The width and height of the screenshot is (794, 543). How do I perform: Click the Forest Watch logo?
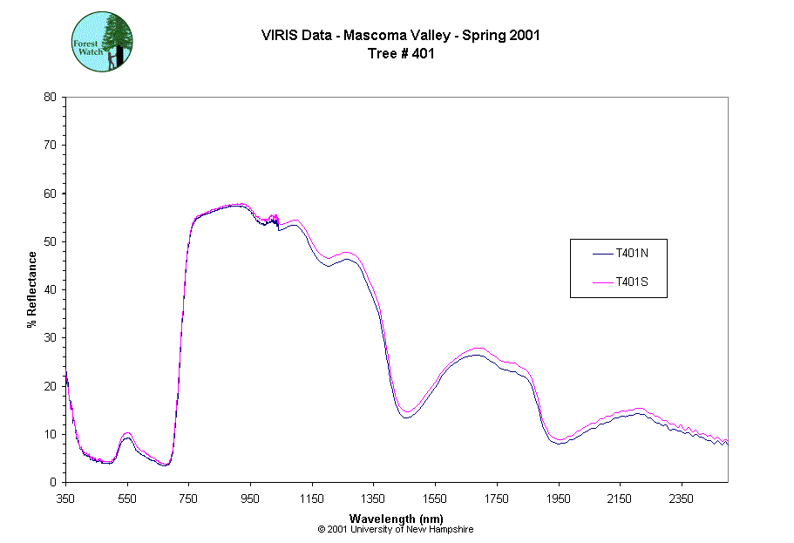102,42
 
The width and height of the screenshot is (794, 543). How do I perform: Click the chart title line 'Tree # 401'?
401,53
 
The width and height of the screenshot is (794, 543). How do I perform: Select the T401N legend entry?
618,254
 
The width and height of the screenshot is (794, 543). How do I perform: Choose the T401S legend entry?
618,282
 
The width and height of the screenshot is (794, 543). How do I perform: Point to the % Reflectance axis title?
32,289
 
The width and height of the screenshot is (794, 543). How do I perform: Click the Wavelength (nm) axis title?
396,519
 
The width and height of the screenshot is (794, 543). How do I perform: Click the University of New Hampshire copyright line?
396,529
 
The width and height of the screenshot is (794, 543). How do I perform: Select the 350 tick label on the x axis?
65,499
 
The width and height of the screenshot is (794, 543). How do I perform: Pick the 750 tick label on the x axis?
189,499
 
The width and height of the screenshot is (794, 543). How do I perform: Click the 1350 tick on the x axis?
374,499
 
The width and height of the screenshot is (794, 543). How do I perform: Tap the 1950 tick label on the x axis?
559,499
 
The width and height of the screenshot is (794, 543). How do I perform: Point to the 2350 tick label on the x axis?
682,499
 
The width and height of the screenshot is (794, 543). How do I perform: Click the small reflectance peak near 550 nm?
127,435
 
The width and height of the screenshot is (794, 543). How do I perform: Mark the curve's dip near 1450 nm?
406,414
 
